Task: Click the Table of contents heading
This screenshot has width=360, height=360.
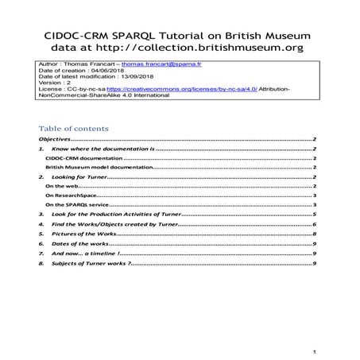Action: click(74, 128)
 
